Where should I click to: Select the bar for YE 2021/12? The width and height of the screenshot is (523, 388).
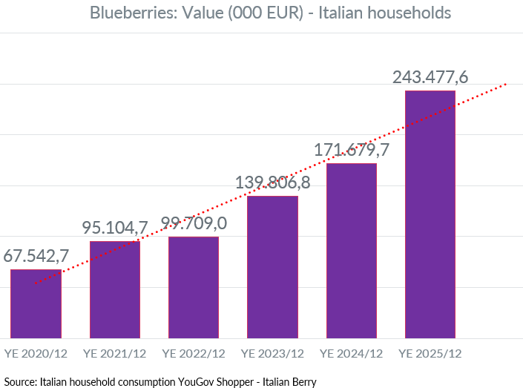[x=114, y=289]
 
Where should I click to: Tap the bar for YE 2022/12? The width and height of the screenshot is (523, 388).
[x=194, y=288]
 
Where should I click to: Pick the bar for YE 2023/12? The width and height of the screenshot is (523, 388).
[x=272, y=267]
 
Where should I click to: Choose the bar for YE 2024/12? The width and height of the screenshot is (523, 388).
[x=352, y=251]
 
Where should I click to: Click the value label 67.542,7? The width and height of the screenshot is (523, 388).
[x=36, y=255]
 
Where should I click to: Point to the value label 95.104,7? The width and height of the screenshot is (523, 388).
[x=116, y=228]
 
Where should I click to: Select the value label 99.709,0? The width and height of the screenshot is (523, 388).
[x=194, y=223]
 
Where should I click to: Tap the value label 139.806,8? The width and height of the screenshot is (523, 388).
[x=272, y=182]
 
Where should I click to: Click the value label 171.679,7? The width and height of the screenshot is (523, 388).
[x=352, y=150]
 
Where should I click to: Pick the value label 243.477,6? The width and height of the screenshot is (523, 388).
[x=430, y=76]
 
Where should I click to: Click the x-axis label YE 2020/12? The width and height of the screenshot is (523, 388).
[x=36, y=353]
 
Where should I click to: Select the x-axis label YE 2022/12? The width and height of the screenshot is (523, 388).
[x=194, y=353]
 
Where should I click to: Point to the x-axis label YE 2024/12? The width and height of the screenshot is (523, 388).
[x=352, y=353]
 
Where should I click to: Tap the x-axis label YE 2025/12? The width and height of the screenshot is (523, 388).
[x=430, y=353]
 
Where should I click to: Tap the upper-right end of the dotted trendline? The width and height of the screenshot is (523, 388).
[x=505, y=85]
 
